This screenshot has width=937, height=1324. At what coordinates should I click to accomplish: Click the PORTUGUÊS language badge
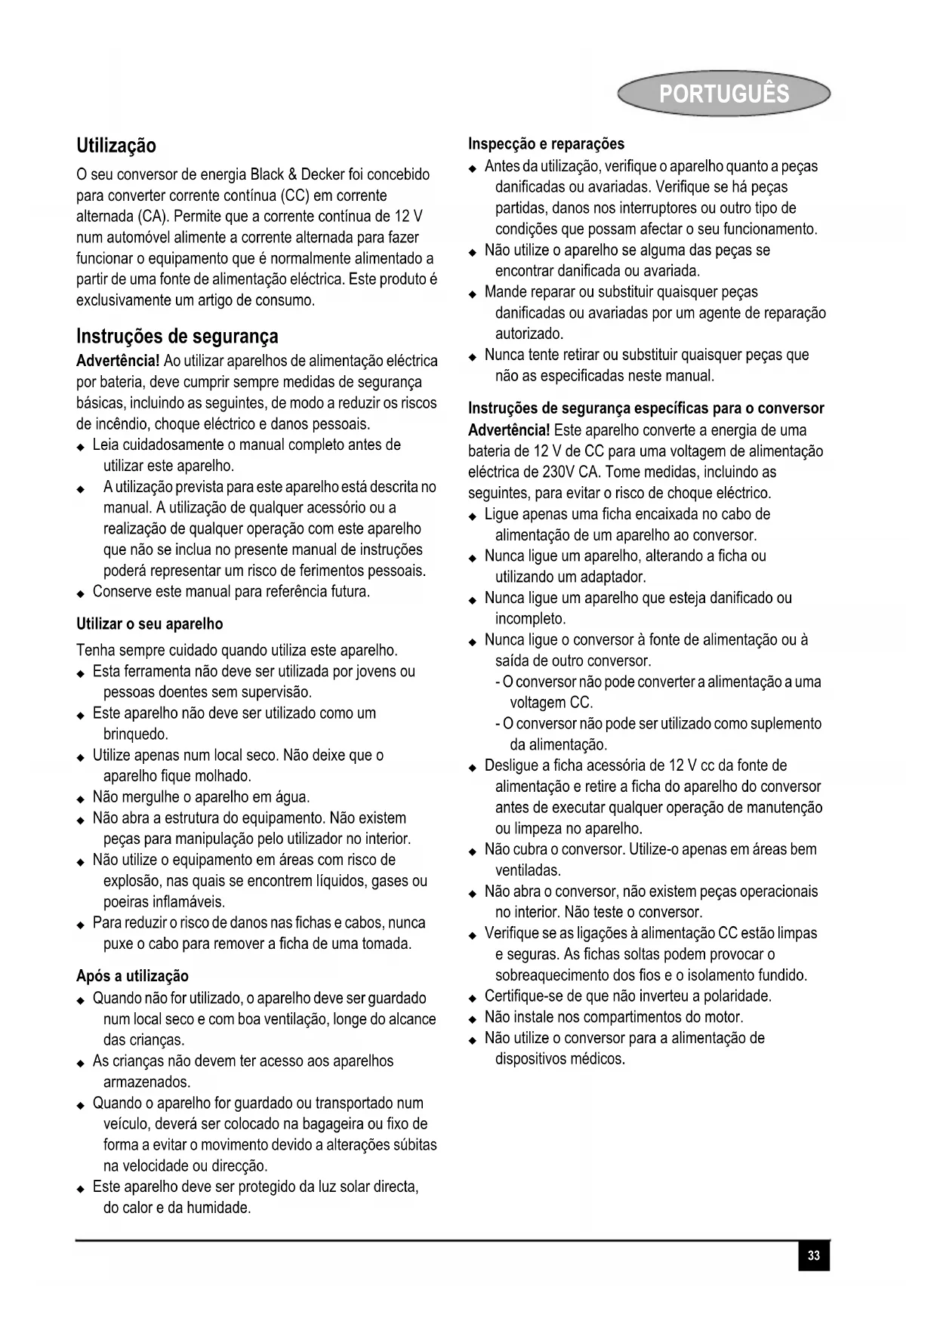(723, 94)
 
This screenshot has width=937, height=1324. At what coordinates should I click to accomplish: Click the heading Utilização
(116, 145)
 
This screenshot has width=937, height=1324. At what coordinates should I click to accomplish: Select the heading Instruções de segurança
(177, 336)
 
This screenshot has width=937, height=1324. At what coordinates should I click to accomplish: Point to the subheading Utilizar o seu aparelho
(149, 624)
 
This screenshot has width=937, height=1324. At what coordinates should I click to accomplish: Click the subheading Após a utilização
(132, 976)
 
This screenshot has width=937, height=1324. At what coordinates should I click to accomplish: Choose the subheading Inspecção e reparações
(546, 143)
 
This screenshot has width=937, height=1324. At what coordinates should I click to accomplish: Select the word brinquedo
(136, 734)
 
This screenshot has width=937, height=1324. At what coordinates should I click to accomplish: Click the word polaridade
(735, 996)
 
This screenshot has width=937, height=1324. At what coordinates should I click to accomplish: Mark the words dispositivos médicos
(559, 1059)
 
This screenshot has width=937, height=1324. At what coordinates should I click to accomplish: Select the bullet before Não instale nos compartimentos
(472, 1019)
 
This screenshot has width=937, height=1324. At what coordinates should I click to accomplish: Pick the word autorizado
(529, 334)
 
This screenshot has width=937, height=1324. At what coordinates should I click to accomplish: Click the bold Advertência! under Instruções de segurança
(118, 361)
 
